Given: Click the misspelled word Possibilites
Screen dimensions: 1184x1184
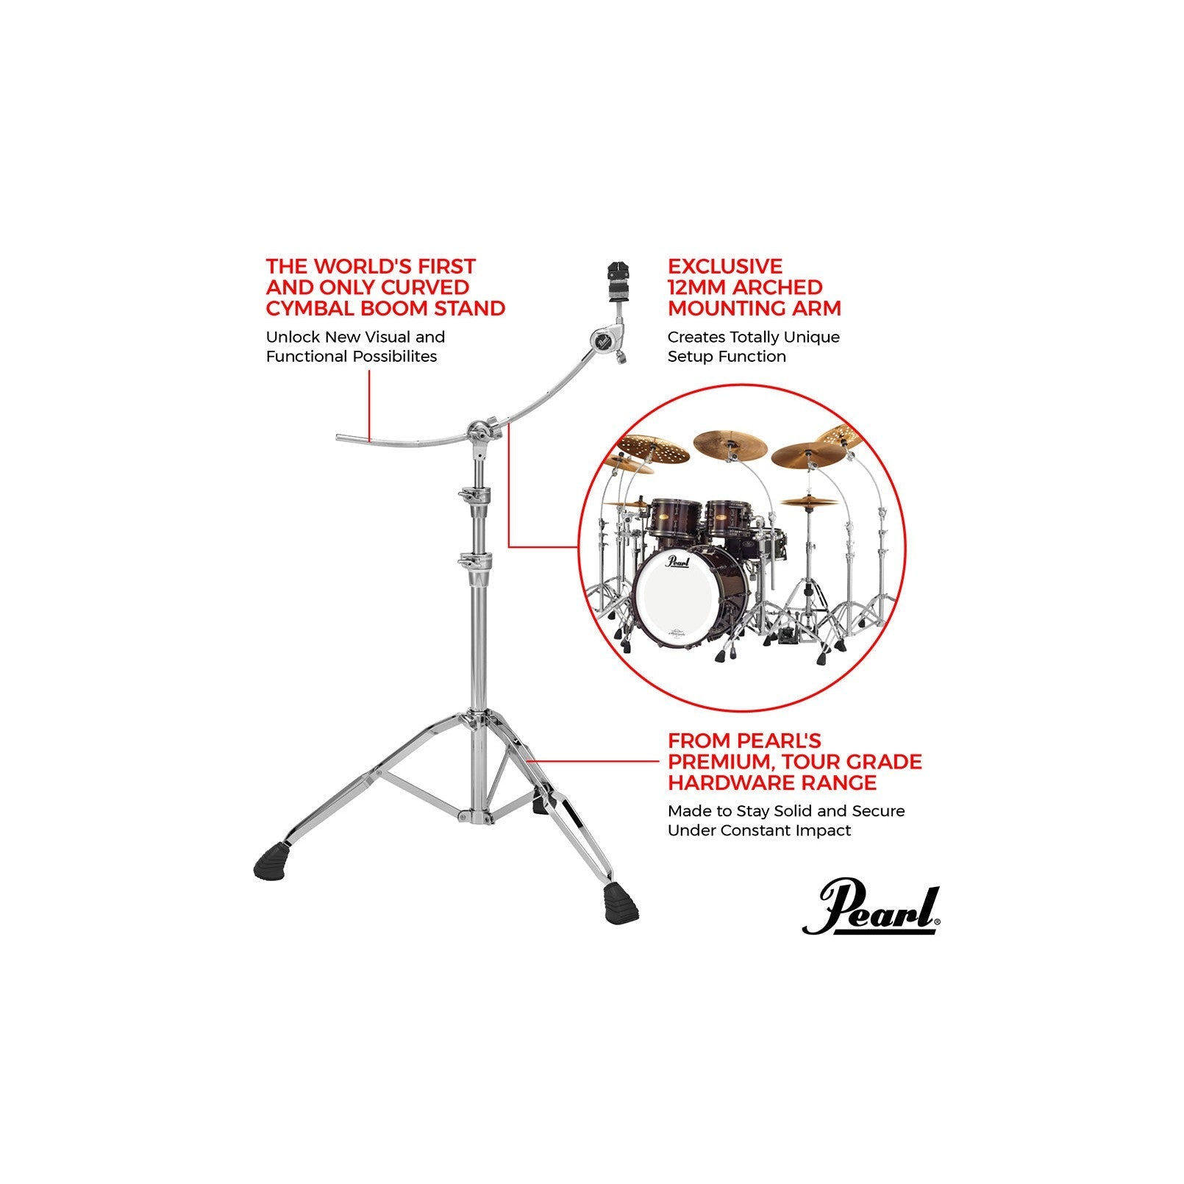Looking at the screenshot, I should (394, 357).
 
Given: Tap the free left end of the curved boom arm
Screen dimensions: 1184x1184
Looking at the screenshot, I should (343, 438).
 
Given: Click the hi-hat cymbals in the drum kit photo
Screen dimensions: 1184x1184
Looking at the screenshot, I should (809, 502).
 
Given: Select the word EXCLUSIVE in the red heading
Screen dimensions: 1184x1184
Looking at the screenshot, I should (725, 266).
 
